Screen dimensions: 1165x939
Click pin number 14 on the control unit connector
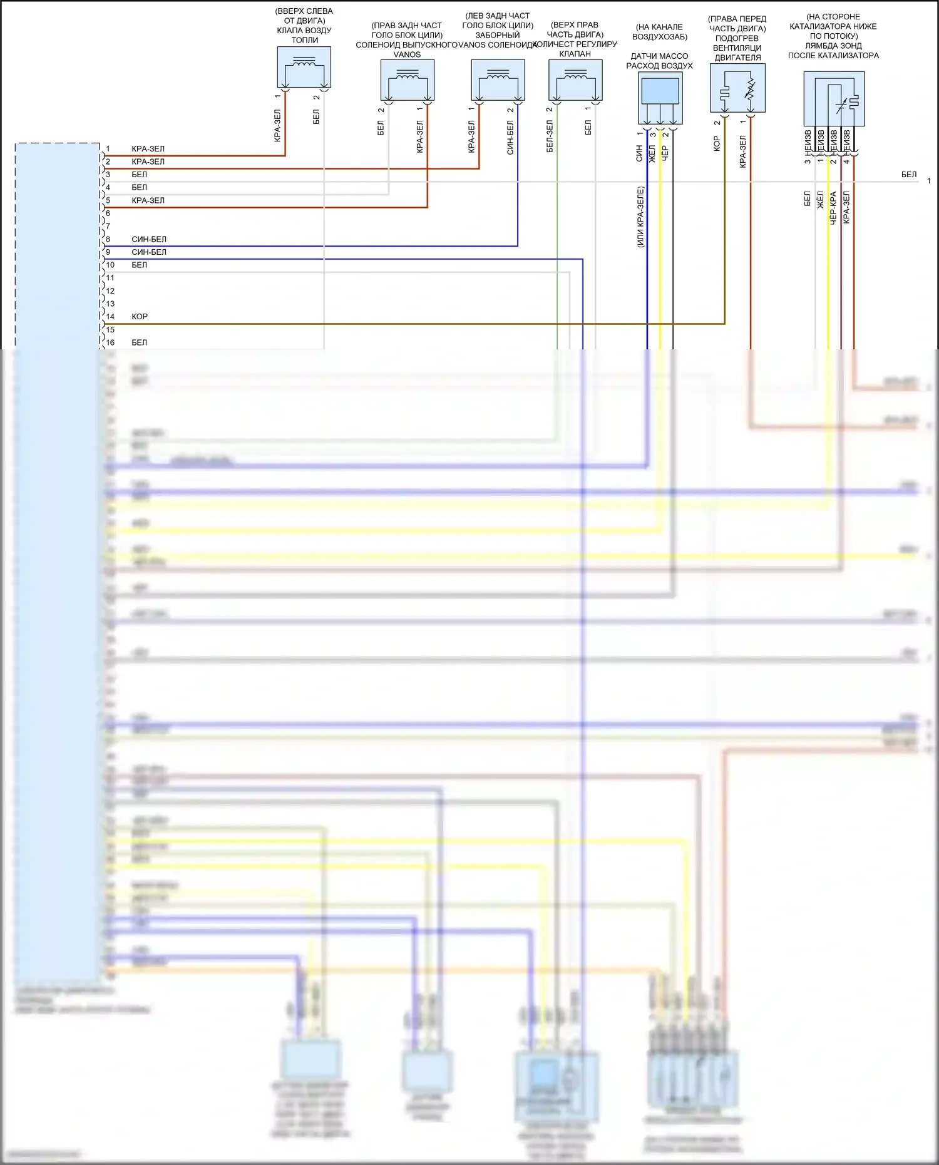[110, 317]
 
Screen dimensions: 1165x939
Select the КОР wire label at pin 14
[140, 317]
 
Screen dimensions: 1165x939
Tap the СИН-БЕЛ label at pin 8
[149, 239]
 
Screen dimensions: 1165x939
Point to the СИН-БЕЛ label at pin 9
[149, 252]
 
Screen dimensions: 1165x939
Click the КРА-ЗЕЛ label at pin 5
[148, 200]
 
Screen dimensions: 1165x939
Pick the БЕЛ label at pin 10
[139, 265]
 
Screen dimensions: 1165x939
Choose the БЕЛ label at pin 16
[139, 342]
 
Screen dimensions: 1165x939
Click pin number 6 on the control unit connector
[108, 213]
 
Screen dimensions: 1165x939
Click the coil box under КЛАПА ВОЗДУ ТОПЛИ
[304, 67]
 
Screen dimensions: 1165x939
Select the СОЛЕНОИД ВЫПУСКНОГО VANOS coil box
[408, 80]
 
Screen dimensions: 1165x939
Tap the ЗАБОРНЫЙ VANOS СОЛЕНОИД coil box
[498, 80]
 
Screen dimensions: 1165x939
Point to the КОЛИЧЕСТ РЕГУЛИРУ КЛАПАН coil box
[575, 80]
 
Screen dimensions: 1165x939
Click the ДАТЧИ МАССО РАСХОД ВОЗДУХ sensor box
[660, 98]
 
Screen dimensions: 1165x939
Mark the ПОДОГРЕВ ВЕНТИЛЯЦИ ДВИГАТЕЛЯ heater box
[737, 88]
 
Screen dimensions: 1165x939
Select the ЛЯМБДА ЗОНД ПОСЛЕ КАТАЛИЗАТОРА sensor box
[834, 99]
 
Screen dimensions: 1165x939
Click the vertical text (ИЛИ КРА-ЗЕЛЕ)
[640, 217]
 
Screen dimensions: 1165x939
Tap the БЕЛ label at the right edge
[909, 175]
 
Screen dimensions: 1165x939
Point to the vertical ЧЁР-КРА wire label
[833, 208]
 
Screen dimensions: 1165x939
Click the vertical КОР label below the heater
[717, 143]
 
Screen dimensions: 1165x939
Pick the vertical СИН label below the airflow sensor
[639, 153]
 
